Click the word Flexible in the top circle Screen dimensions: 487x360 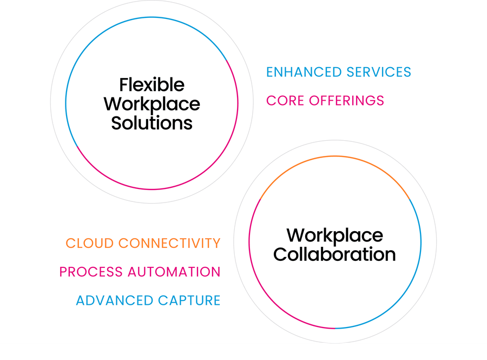(152, 84)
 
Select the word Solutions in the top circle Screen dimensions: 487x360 (152, 123)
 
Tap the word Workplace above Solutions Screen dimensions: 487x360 (152, 104)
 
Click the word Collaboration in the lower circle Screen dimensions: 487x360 (334, 254)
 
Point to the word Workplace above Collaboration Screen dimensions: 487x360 (335, 236)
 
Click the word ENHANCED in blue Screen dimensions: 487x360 (304, 72)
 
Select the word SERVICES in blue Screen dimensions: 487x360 (379, 72)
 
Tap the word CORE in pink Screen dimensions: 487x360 (285, 101)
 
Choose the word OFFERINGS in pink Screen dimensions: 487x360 (347, 101)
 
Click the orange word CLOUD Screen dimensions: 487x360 (90, 243)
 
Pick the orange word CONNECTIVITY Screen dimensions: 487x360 (169, 243)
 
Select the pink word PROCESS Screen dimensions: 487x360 (91, 272)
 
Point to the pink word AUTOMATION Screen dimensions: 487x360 (174, 272)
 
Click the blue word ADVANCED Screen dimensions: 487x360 (115, 300)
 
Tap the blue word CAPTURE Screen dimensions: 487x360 (189, 300)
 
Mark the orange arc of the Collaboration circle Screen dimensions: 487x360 (335, 156)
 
